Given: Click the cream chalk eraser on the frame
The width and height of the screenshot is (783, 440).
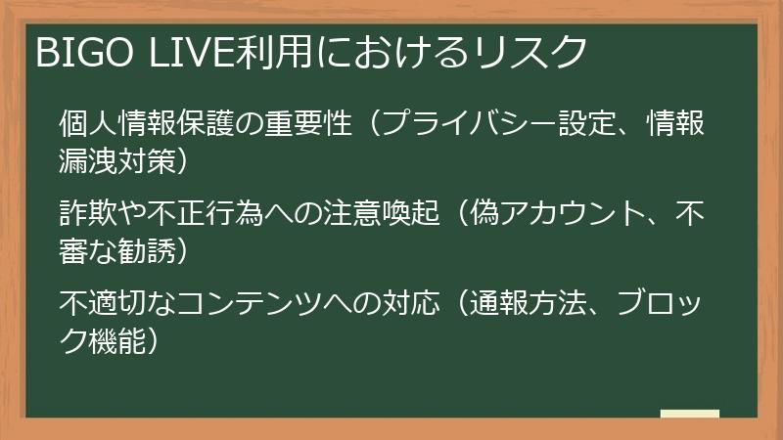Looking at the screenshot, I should pyautogui.click(x=689, y=415).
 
